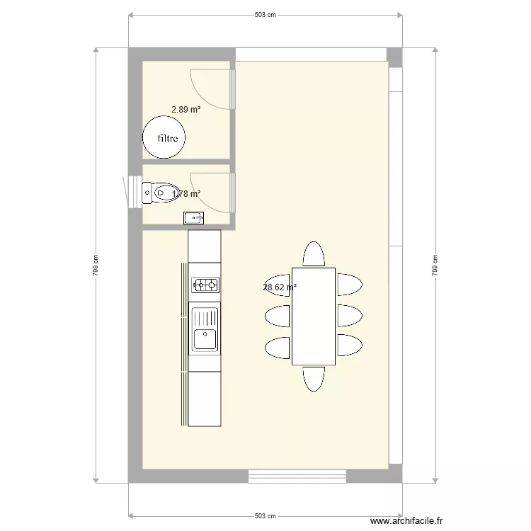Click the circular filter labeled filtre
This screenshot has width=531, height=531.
click(164, 137)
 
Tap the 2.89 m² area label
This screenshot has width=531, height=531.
click(185, 110)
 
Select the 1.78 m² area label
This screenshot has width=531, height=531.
click(187, 193)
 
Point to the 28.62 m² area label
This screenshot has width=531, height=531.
click(279, 287)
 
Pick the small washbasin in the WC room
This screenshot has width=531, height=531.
click(193, 218)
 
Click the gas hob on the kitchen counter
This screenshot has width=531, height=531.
click(205, 285)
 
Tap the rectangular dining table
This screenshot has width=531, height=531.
click(313, 316)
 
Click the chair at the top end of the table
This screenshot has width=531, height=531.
click(313, 254)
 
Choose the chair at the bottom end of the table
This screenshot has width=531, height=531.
click(313, 378)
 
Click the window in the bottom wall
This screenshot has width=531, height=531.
click(297, 476)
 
